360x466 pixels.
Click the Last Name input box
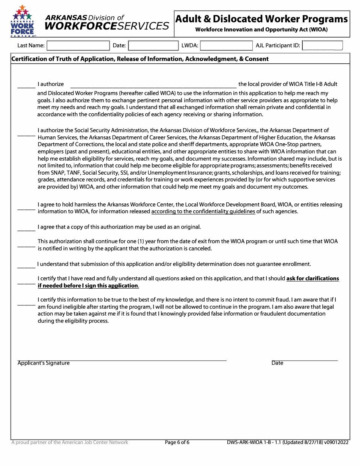tap(78, 46)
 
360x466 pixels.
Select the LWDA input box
tap(226, 46)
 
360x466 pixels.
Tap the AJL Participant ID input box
tap(323, 46)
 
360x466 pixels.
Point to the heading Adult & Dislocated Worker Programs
tap(261, 19)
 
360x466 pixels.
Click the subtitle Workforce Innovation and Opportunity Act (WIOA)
tap(261, 30)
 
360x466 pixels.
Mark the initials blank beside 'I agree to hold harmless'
tap(27, 208)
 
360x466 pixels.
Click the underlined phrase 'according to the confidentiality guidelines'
tap(203, 212)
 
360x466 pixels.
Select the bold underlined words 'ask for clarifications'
tap(313, 278)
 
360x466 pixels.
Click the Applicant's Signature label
tap(44, 363)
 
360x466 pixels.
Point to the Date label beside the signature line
tap(277, 363)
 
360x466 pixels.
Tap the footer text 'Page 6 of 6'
tap(177, 443)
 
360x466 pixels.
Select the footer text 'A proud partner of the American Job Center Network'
tap(70, 443)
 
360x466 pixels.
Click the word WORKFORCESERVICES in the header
tap(106, 26)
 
